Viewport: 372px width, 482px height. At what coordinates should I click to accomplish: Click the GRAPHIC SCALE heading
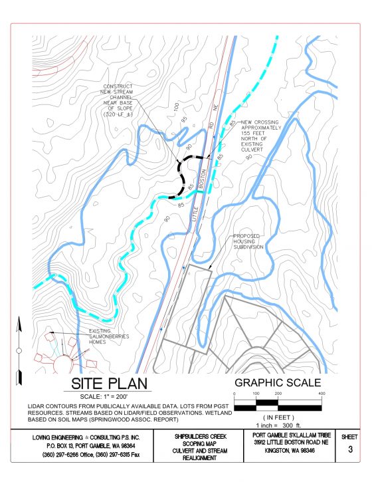(x=278, y=382)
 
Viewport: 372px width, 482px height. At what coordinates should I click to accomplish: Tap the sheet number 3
(x=350, y=449)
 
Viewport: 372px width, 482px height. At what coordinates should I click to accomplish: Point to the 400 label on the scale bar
(x=321, y=394)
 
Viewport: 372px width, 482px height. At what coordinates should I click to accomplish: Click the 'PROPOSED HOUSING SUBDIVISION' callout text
(x=248, y=241)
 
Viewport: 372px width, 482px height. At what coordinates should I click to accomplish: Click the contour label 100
(x=177, y=108)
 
